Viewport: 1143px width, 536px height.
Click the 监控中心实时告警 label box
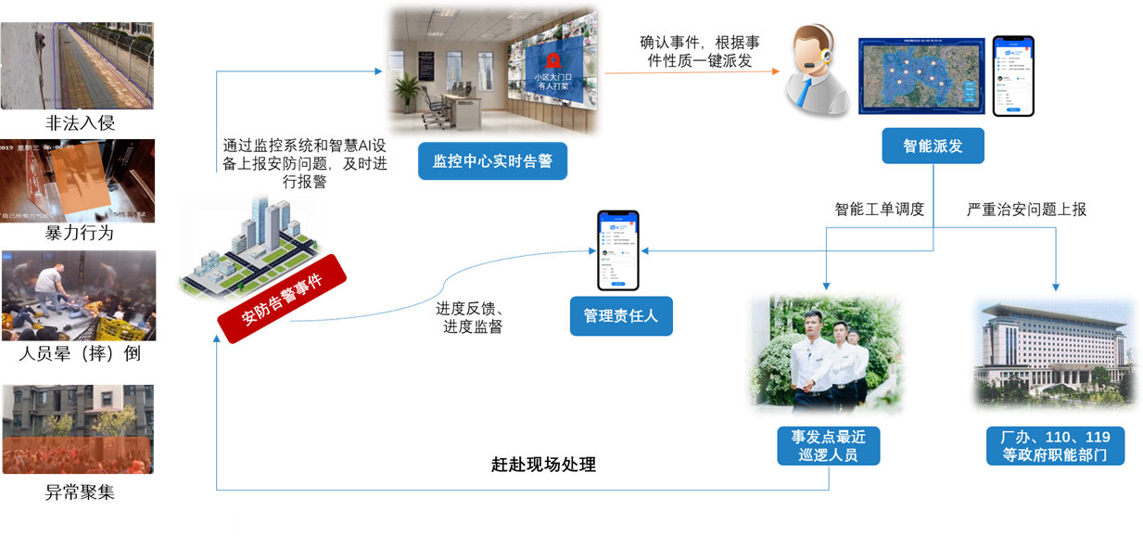tap(492, 161)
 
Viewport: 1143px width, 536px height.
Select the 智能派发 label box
tap(932, 146)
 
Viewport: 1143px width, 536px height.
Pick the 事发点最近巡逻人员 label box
tap(828, 444)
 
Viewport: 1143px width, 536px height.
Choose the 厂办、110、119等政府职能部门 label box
tap(1056, 444)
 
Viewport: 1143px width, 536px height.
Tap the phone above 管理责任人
tap(619, 250)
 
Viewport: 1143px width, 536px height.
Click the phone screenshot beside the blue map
tap(1013, 76)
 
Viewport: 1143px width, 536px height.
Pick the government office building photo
tap(1054, 352)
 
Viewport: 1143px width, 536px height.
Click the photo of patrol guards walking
tap(825, 354)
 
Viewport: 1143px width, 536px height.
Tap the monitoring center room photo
tap(492, 71)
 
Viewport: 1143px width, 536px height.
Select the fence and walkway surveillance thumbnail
tap(77, 65)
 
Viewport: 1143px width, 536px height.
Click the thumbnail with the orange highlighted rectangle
tap(78, 181)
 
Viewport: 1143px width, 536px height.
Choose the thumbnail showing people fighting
tap(78, 296)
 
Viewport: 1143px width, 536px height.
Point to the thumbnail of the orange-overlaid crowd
tap(78, 429)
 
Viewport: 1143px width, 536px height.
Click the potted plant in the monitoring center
tap(406, 96)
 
